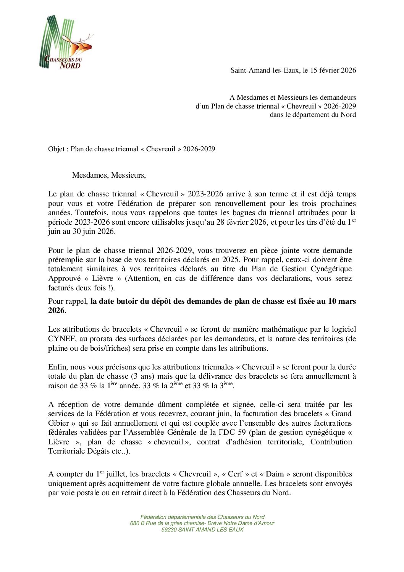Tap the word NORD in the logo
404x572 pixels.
click(70, 65)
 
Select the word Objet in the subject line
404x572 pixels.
click(57, 149)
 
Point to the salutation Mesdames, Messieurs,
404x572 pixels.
click(109, 175)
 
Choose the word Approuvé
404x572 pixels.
click(65, 279)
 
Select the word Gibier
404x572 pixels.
click(59, 423)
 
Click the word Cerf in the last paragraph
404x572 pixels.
click(235, 474)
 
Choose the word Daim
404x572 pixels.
click(275, 474)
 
